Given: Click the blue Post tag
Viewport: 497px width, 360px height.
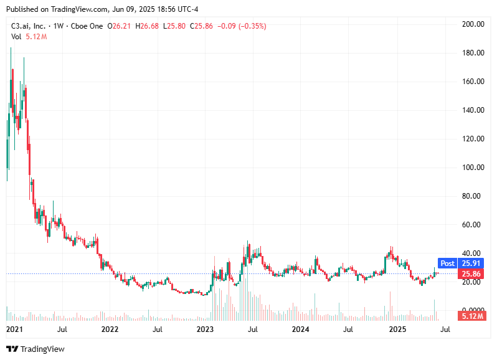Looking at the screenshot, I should [448, 263].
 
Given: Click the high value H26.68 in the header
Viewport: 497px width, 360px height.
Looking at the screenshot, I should [145, 26].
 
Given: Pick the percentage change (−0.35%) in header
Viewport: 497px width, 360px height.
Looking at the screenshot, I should [250, 26].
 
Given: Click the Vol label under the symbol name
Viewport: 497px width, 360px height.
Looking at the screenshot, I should [16, 37].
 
